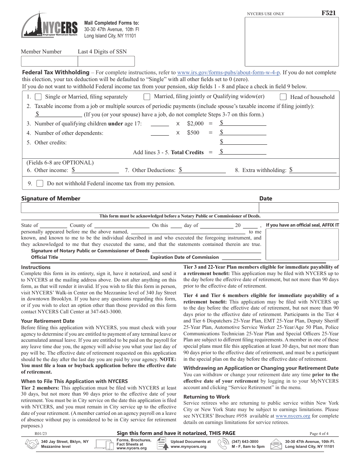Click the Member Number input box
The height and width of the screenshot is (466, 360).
click(x=49, y=61)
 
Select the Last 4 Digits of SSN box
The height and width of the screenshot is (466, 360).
click(x=106, y=61)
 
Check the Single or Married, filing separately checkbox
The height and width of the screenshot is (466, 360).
click(x=39, y=97)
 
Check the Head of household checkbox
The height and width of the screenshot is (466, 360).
click(x=283, y=97)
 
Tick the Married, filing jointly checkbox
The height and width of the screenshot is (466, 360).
click(x=147, y=97)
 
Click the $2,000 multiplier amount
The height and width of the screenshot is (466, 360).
click(x=195, y=124)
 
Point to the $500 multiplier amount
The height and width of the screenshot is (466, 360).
click(x=193, y=133)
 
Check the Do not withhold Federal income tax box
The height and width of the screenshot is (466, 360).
click(x=40, y=183)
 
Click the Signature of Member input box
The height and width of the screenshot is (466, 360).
click(x=139, y=208)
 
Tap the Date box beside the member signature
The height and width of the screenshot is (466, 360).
click(x=299, y=208)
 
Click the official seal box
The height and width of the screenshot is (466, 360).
click(x=302, y=244)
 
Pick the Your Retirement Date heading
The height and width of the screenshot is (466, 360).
click(x=48, y=321)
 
